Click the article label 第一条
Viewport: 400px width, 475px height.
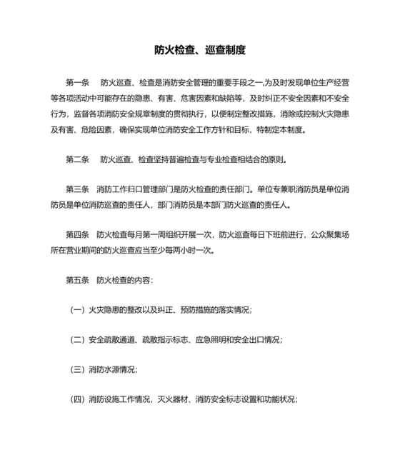coord(77,84)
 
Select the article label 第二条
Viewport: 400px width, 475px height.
coord(77,159)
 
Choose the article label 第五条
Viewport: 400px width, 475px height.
coord(77,279)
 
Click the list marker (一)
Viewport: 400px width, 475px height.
coord(77,309)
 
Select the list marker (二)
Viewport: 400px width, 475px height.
coord(77,339)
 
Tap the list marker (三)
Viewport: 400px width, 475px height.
coord(77,369)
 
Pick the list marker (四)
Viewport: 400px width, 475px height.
coord(77,399)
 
